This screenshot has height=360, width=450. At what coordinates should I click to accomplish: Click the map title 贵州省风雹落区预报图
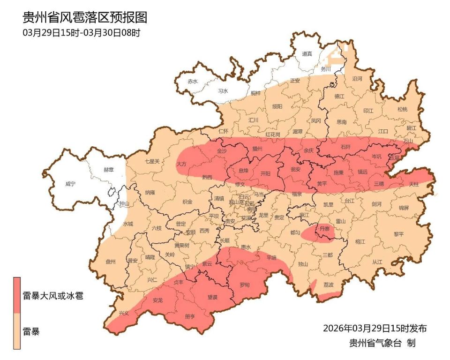coord(85,18)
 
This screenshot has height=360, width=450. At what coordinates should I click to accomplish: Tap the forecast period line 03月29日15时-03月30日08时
coord(82,33)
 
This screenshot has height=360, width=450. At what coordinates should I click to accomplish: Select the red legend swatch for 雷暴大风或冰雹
coord(17,294)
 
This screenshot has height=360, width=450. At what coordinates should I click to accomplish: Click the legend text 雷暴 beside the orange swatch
coord(31,332)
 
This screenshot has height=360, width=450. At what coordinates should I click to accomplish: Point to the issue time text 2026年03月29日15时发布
coord(375,328)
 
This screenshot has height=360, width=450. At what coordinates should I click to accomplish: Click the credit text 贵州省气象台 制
coord(382,343)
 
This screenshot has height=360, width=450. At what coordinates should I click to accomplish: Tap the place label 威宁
coord(70,184)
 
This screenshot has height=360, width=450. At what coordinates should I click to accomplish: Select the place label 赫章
coord(108,170)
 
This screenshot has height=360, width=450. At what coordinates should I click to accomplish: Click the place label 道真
coord(307,54)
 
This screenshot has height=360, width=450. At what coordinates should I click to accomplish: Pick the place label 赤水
coord(192,81)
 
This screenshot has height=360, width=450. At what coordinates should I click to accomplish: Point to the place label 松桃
coord(402,110)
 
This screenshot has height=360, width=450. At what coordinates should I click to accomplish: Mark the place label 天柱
coord(414,184)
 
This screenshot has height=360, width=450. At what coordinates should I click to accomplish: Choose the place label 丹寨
coord(324,228)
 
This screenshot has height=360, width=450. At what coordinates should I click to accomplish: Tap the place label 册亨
coord(190,316)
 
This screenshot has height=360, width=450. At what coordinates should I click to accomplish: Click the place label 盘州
coord(111,262)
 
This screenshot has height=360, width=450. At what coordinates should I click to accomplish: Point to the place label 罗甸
coord(245,285)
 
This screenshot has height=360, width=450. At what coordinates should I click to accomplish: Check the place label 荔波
coord(329,285)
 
